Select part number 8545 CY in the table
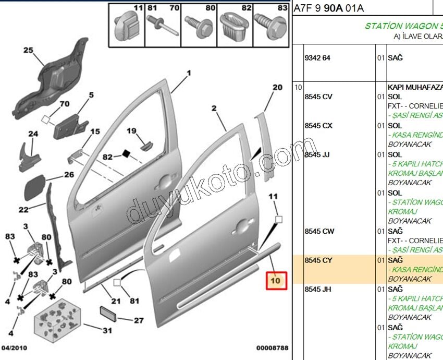pos(318,260)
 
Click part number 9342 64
pos(317,58)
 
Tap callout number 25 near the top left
pos(28,51)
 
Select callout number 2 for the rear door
pos(214,109)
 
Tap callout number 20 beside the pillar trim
pos(277,87)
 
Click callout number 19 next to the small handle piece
pos(131,131)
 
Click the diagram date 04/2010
pos(15,347)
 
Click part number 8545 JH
pos(318,289)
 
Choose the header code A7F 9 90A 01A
pos(329,8)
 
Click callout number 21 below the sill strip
pos(116,301)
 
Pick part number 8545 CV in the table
pos(318,97)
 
